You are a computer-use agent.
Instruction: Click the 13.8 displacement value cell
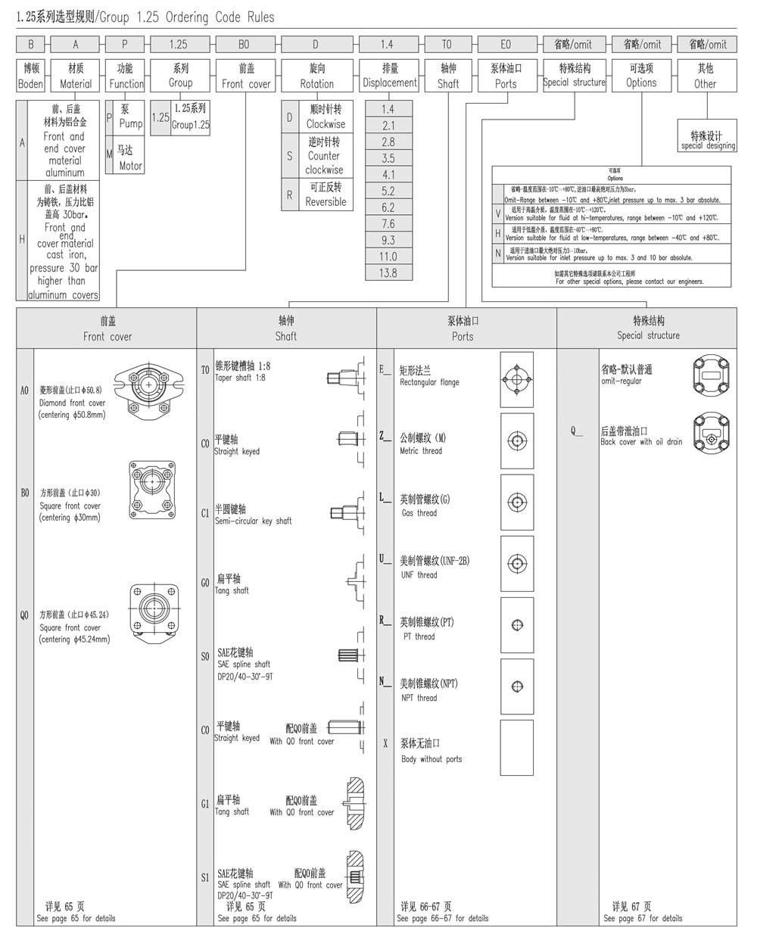388,272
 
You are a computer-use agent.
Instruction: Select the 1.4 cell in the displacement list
388,108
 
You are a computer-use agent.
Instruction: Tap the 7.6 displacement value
388,223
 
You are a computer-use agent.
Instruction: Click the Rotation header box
316,76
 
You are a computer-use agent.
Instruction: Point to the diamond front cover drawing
150,389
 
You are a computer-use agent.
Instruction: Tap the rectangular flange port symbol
517,379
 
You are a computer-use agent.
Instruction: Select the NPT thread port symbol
517,686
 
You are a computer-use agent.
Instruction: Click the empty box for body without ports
517,747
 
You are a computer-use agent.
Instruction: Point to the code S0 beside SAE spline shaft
205,656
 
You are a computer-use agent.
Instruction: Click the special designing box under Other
707,140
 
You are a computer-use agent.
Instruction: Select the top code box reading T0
447,44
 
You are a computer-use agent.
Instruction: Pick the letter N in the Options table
498,254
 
